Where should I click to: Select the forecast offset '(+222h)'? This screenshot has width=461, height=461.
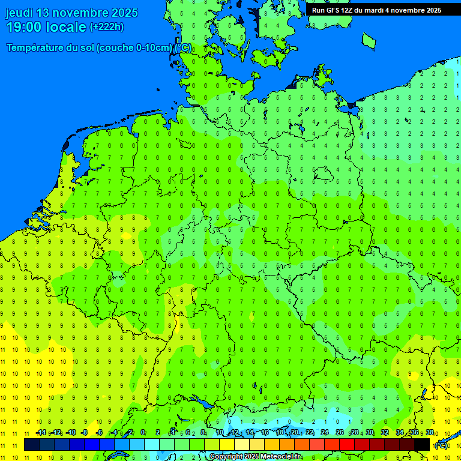click(x=106, y=27)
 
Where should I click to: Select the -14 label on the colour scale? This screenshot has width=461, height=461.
click(x=41, y=433)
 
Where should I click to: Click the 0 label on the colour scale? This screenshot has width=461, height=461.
click(x=143, y=433)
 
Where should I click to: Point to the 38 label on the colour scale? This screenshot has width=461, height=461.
click(x=429, y=433)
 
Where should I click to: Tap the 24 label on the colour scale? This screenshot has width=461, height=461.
click(x=324, y=433)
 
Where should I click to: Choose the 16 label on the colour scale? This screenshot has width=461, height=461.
click(x=264, y=433)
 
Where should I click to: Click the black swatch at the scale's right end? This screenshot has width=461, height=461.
click(x=422, y=444)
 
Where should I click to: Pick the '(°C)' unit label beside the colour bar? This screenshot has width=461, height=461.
click(x=441, y=445)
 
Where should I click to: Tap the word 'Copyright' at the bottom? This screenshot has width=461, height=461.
click(x=226, y=457)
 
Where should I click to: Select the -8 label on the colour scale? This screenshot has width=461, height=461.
click(x=85, y=433)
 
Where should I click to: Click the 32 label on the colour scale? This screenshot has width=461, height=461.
click(x=384, y=433)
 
